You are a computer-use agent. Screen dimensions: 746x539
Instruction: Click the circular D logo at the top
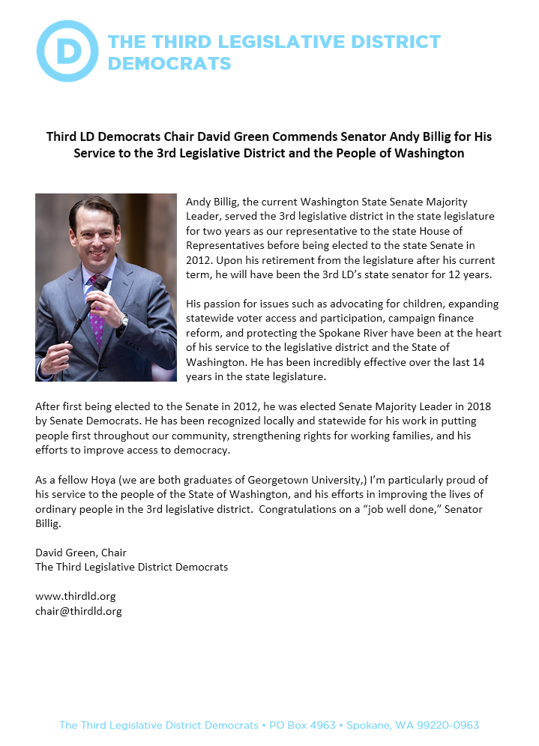tap(67, 51)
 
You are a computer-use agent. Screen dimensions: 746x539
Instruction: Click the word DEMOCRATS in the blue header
tap(169, 63)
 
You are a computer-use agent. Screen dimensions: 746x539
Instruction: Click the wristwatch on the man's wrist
tap(124, 320)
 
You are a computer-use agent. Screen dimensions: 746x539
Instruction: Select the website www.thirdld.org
tap(75, 596)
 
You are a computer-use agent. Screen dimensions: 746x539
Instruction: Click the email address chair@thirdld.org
tap(78, 611)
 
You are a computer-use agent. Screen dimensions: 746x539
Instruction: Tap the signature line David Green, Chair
tap(81, 553)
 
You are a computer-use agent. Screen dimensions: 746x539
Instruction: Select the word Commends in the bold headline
tap(291, 137)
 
